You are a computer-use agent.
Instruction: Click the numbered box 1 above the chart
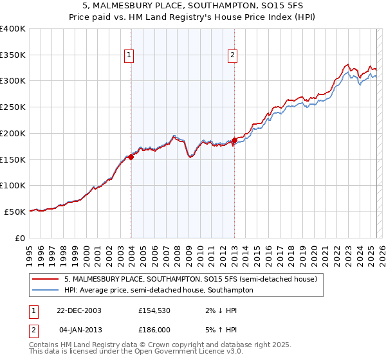click(x=130, y=55)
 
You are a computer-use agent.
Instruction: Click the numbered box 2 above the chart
click(x=232, y=55)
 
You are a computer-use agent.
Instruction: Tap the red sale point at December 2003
click(x=131, y=156)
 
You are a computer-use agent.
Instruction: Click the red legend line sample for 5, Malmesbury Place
click(x=45, y=280)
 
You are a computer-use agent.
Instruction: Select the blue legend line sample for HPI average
click(x=45, y=291)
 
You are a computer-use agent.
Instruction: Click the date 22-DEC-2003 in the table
click(x=79, y=310)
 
